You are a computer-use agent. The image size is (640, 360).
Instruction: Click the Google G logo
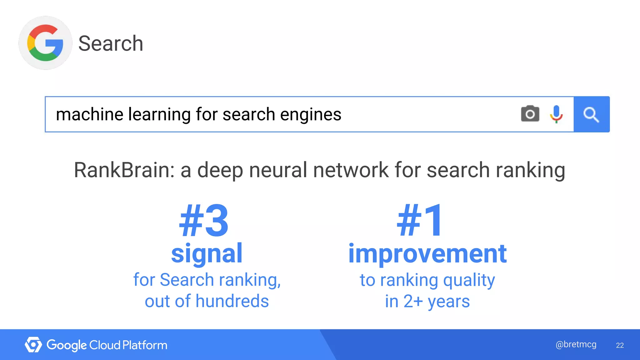[x=45, y=43]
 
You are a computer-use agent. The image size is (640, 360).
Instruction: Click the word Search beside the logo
[x=111, y=43]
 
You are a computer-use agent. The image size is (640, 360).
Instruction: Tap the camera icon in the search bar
[x=530, y=114]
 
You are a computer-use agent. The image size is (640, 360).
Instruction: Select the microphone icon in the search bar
[x=556, y=114]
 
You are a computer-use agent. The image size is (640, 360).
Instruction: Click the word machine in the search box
[x=90, y=114]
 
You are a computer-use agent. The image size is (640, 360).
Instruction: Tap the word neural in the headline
[x=278, y=170]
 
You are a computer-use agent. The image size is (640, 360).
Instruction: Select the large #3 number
[x=204, y=221]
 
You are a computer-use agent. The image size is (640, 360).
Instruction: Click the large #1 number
[x=420, y=221]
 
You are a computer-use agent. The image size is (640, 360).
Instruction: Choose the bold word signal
[x=207, y=253]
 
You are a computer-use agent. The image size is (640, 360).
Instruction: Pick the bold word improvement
[x=427, y=253]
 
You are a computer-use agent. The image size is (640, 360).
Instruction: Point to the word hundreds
[x=232, y=301]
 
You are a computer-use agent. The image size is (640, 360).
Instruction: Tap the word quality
[x=469, y=280]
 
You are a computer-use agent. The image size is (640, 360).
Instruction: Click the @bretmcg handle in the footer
[x=576, y=344]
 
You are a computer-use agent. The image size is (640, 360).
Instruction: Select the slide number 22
[x=620, y=345]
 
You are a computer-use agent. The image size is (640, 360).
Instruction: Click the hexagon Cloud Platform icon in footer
[x=33, y=345]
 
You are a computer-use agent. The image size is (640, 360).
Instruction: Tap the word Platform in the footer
[x=145, y=345]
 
